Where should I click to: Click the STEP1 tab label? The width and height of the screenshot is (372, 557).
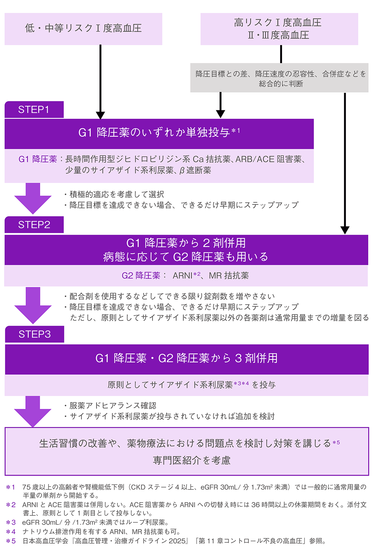pyautogui.click(x=34, y=110)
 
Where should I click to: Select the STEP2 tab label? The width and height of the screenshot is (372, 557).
pyautogui.click(x=34, y=225)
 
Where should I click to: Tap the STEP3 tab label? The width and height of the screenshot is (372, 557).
pyautogui.click(x=34, y=334)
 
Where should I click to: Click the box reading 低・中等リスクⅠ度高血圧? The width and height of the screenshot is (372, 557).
pyautogui.click(x=83, y=29)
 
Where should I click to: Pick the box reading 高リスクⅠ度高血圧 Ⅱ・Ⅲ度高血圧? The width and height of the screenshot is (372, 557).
pyautogui.click(x=279, y=29)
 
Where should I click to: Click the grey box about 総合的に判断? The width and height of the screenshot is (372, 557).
pyautogui.click(x=279, y=78)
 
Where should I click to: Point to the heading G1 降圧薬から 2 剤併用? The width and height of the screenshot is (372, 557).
pyautogui.click(x=186, y=243)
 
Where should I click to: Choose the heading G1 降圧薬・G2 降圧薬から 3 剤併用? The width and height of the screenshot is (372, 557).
pyautogui.click(x=186, y=358)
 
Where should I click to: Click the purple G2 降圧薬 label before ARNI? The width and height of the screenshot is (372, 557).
pyautogui.click(x=141, y=276)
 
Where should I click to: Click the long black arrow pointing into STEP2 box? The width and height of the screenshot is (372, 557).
pyautogui.click(x=345, y=163)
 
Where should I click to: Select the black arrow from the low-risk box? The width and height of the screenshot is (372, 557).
pyautogui.click(x=100, y=82)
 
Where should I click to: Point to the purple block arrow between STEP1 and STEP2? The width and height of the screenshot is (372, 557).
pyautogui.click(x=33, y=198)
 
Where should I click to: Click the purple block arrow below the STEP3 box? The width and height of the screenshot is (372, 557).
pyautogui.click(x=33, y=411)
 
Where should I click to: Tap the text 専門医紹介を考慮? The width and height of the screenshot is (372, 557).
pyautogui.click(x=192, y=460)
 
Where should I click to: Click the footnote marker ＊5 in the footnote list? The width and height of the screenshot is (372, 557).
pyautogui.click(x=11, y=541)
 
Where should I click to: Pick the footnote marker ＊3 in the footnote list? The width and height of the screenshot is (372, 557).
pyautogui.click(x=11, y=522)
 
